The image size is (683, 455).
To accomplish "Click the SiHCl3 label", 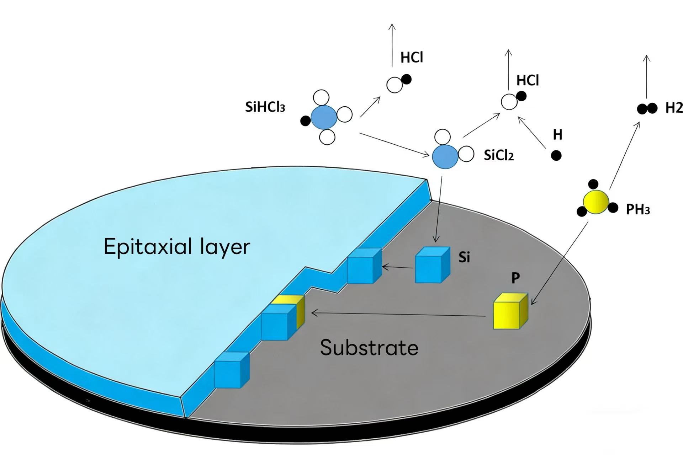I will [x=265, y=107].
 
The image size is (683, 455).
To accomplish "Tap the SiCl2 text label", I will [x=499, y=155].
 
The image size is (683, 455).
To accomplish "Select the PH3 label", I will [x=637, y=210].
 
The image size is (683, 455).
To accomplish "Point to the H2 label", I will [x=674, y=108].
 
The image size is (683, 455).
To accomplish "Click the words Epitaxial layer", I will [x=177, y=246].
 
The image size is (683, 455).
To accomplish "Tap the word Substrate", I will [x=369, y=347].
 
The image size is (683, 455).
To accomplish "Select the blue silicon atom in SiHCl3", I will [x=324, y=117].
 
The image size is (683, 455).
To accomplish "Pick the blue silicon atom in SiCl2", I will [x=445, y=156].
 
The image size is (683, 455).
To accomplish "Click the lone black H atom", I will [x=556, y=155].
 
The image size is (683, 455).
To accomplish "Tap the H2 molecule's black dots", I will [x=647, y=108].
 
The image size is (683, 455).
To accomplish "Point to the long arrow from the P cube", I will [x=398, y=314].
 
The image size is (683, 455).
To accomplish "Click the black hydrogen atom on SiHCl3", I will [x=305, y=121].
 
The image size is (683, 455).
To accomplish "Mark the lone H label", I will [x=557, y=135].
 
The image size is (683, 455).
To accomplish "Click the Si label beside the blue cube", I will [x=464, y=257].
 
